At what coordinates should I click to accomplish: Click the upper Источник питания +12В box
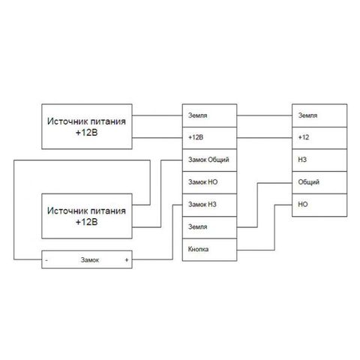click(87, 127)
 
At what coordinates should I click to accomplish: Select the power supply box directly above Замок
click(87, 216)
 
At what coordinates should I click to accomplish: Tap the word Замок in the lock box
click(90, 260)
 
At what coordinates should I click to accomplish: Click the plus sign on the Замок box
click(127, 260)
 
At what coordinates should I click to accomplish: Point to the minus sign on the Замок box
click(46, 260)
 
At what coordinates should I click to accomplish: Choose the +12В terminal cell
click(209, 138)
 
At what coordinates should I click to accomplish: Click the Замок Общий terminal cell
click(209, 160)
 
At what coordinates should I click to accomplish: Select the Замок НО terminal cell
click(209, 182)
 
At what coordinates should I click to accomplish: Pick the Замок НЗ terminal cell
click(209, 205)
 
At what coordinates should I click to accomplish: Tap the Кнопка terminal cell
click(209, 250)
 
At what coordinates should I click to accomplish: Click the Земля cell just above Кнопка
click(209, 227)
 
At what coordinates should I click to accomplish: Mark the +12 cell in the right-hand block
click(319, 138)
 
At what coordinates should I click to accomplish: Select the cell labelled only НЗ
click(319, 160)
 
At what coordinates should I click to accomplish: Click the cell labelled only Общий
click(319, 182)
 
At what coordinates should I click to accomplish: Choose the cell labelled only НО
click(319, 205)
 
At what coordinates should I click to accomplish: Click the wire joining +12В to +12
click(265, 138)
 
